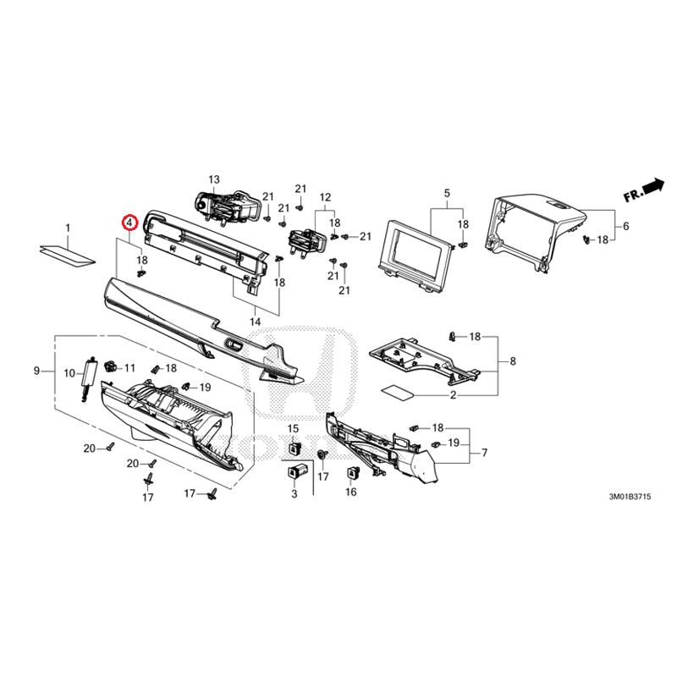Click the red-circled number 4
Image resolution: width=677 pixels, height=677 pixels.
click(129, 223)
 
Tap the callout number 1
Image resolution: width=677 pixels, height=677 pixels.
click(68, 228)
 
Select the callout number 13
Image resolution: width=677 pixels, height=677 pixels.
click(214, 179)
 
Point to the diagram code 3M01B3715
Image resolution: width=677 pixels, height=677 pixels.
click(630, 497)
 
